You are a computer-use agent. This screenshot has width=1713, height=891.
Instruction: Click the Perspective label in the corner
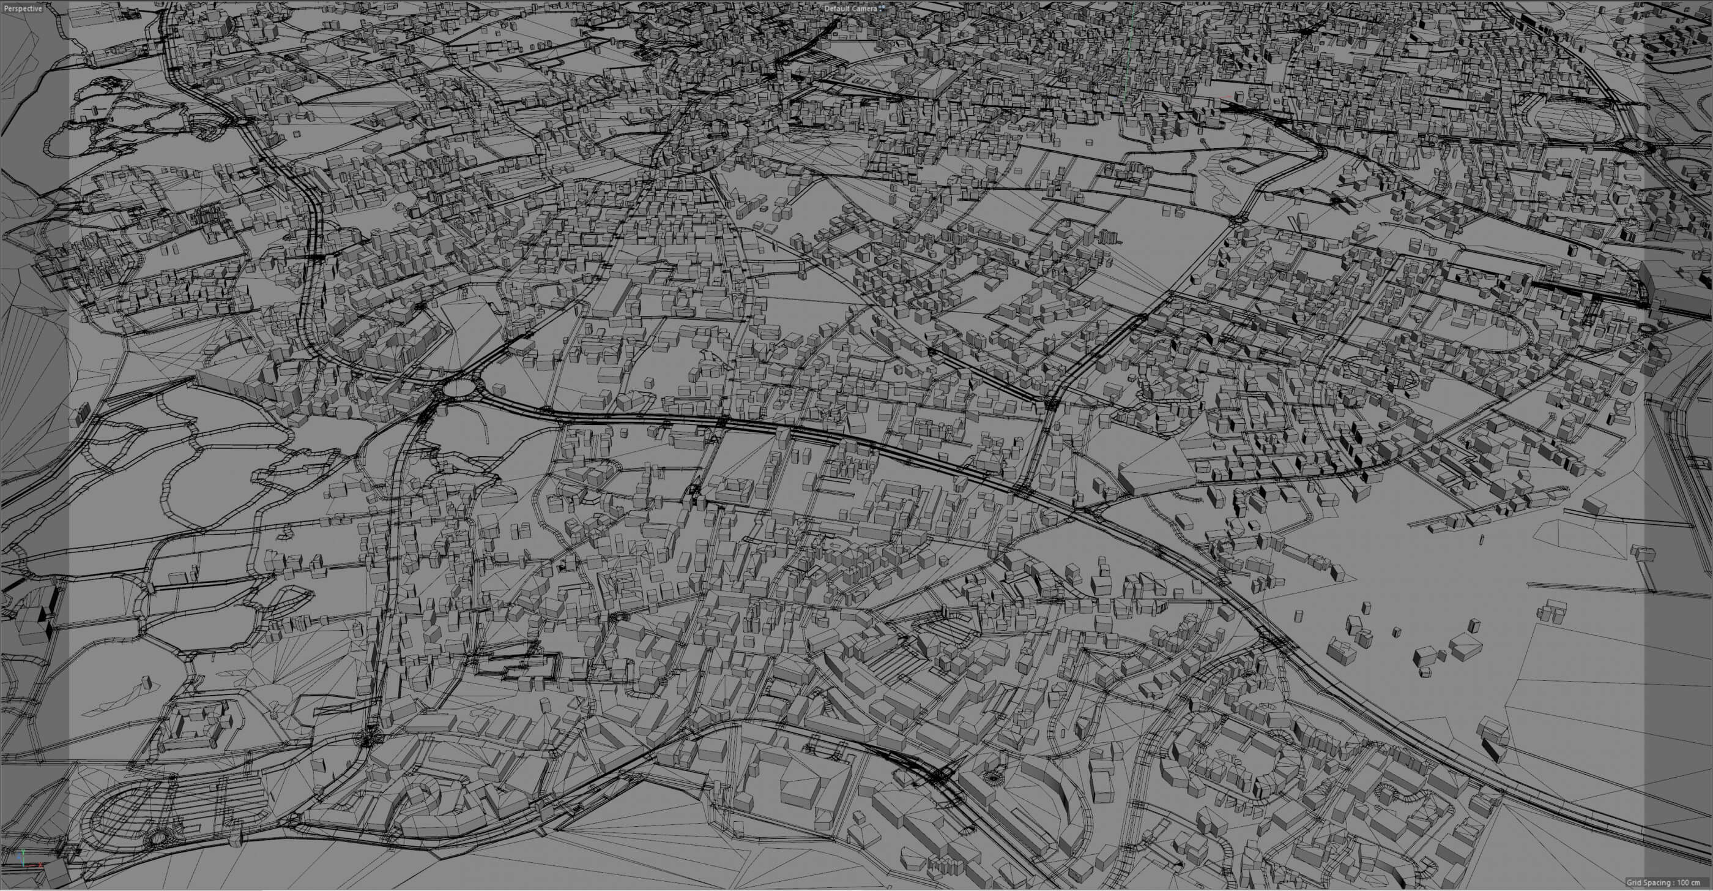click(22, 9)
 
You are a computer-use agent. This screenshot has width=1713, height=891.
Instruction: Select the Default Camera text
click(850, 9)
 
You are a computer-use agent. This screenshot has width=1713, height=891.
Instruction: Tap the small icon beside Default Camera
click(882, 8)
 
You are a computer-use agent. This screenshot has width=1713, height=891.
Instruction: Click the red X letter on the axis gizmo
click(40, 865)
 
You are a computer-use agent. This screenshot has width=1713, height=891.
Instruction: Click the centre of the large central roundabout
click(459, 388)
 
